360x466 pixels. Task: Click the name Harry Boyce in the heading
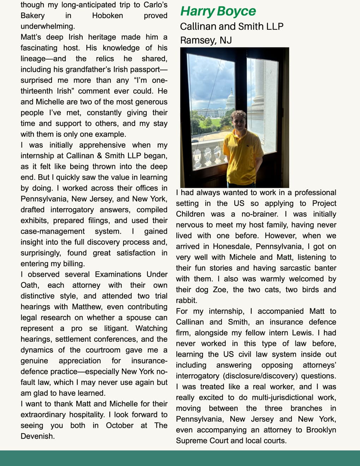pyautogui.click(x=218, y=11)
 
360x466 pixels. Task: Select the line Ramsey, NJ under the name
pyautogui.click(x=206, y=40)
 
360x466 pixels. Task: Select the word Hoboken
pyautogui.click(x=107, y=16)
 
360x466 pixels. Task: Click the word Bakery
pyautogui.click(x=32, y=16)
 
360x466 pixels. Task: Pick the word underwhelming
pyautogui.click(x=48, y=26)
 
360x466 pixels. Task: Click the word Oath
pyautogui.click(x=29, y=285)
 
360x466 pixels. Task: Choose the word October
pyautogui.click(x=120, y=425)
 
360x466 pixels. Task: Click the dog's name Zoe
pyautogui.click(x=220, y=290)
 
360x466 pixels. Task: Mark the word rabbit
pyautogui.click(x=186, y=300)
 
